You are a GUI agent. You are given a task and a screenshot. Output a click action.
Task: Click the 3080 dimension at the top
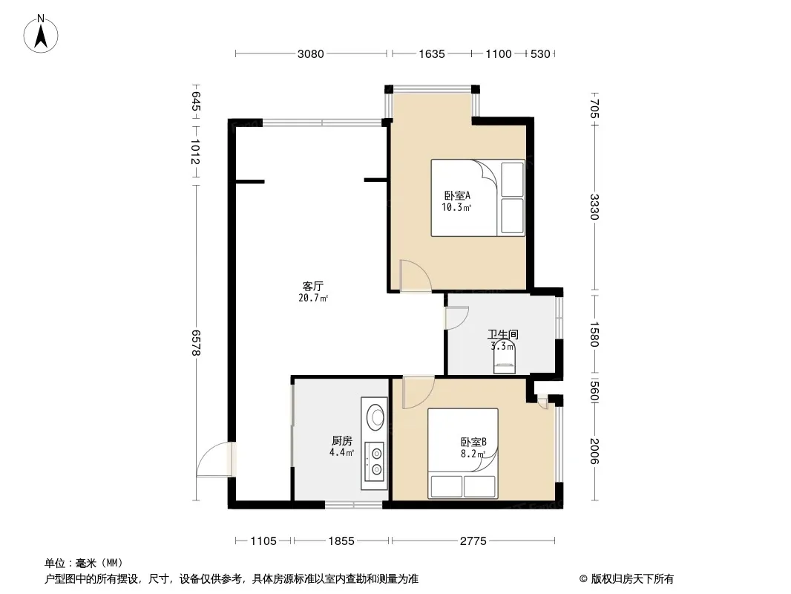click(310, 54)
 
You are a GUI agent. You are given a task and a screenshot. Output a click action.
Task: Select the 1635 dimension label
click(432, 54)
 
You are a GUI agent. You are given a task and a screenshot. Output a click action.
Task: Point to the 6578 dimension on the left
click(196, 343)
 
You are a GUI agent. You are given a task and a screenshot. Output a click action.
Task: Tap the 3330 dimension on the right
click(594, 207)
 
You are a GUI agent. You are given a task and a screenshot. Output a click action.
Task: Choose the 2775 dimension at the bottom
click(473, 541)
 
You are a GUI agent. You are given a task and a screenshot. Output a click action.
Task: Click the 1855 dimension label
click(341, 541)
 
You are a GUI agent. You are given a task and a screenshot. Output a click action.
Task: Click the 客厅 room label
click(313, 286)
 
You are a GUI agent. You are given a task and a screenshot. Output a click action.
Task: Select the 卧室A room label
click(457, 195)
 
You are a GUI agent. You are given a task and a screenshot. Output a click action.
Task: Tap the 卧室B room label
click(473, 442)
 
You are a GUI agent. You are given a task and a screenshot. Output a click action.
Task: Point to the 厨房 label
click(342, 441)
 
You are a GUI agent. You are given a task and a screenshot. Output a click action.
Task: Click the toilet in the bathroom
click(504, 356)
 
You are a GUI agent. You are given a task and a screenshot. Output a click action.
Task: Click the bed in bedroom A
click(478, 198)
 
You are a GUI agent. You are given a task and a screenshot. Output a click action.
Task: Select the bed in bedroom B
click(463, 453)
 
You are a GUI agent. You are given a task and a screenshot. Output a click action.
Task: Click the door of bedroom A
click(416, 276)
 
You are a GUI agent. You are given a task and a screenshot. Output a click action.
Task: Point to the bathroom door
click(456, 318)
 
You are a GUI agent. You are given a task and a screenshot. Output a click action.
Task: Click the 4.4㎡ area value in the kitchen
click(342, 453)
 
